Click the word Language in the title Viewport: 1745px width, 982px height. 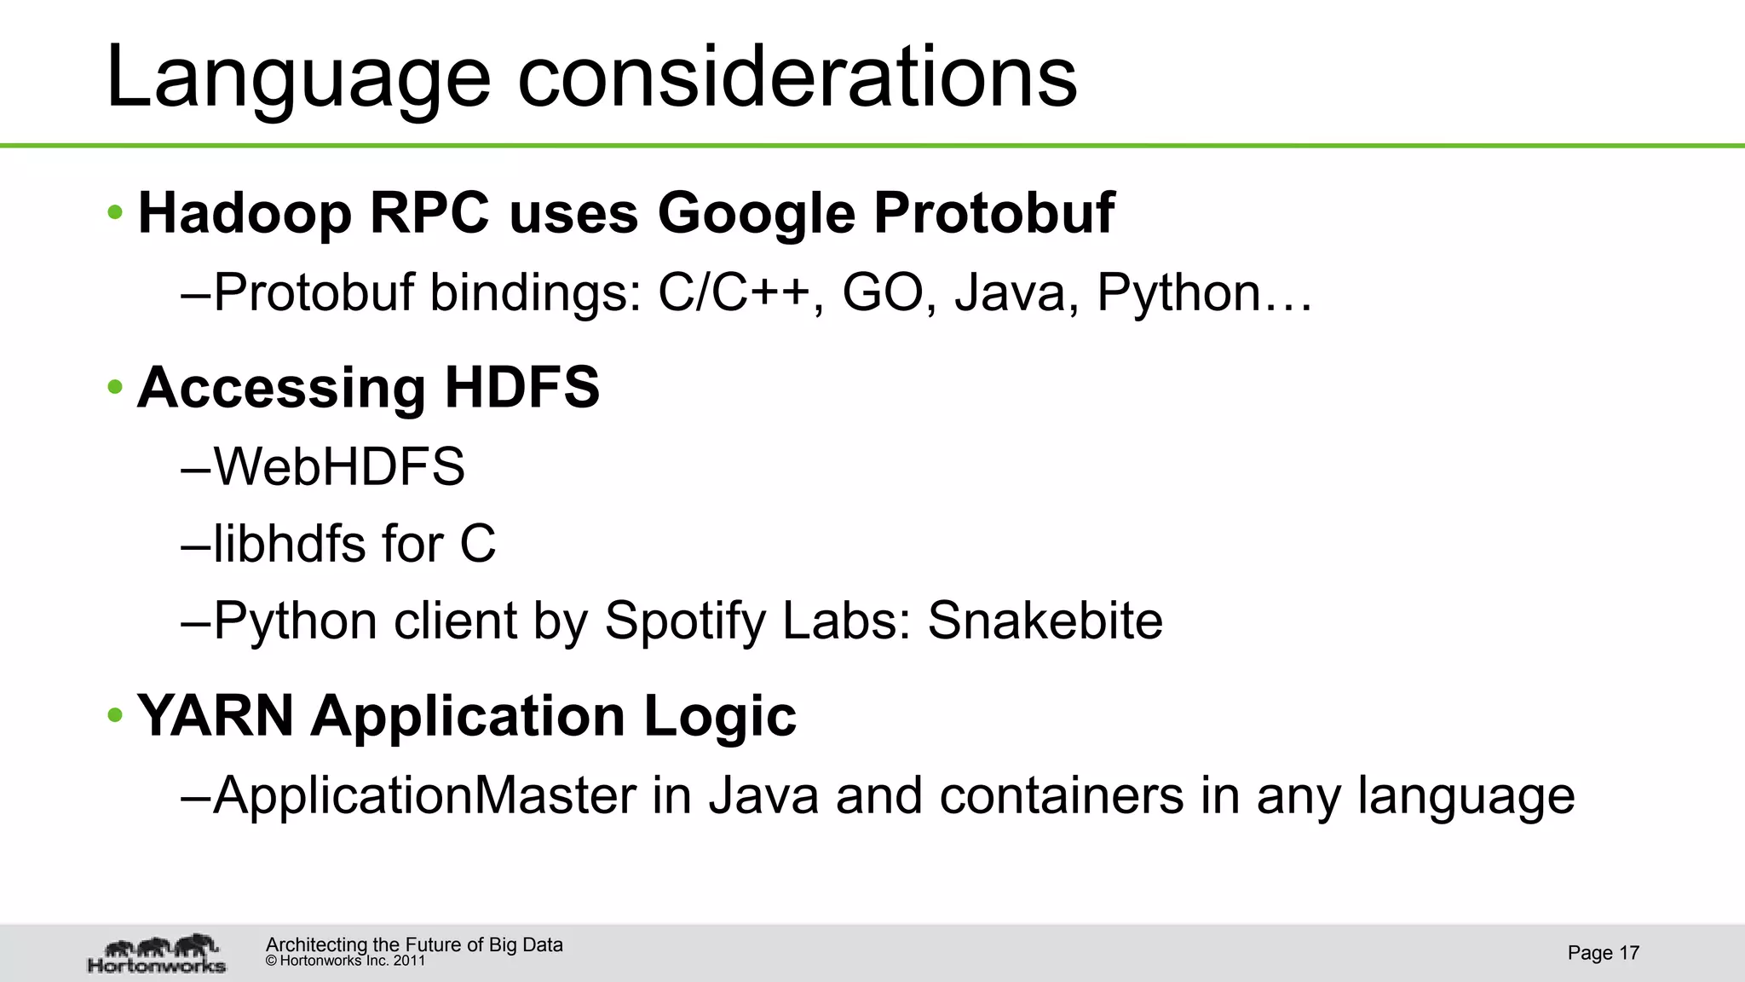coord(298,78)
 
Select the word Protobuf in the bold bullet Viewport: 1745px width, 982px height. coord(993,212)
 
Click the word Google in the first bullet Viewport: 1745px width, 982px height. coord(756,214)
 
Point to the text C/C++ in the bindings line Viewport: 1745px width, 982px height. coord(733,292)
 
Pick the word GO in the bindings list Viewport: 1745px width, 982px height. coord(883,292)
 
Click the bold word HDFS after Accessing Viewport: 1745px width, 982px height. coord(521,387)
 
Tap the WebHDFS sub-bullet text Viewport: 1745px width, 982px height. coord(338,467)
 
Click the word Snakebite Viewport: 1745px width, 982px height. coord(1045,621)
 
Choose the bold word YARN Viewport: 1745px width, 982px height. coord(216,715)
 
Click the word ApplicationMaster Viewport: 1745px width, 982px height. coord(424,796)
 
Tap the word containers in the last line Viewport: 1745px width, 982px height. coord(1061,796)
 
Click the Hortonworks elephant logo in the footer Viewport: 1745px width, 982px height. coord(157,953)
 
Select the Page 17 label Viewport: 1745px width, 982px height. coord(1603,953)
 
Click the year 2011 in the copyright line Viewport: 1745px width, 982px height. coord(409,961)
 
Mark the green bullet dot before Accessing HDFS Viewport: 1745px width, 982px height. coord(116,388)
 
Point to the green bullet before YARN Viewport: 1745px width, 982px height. coord(116,715)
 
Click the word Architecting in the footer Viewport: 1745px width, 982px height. coord(316,944)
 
